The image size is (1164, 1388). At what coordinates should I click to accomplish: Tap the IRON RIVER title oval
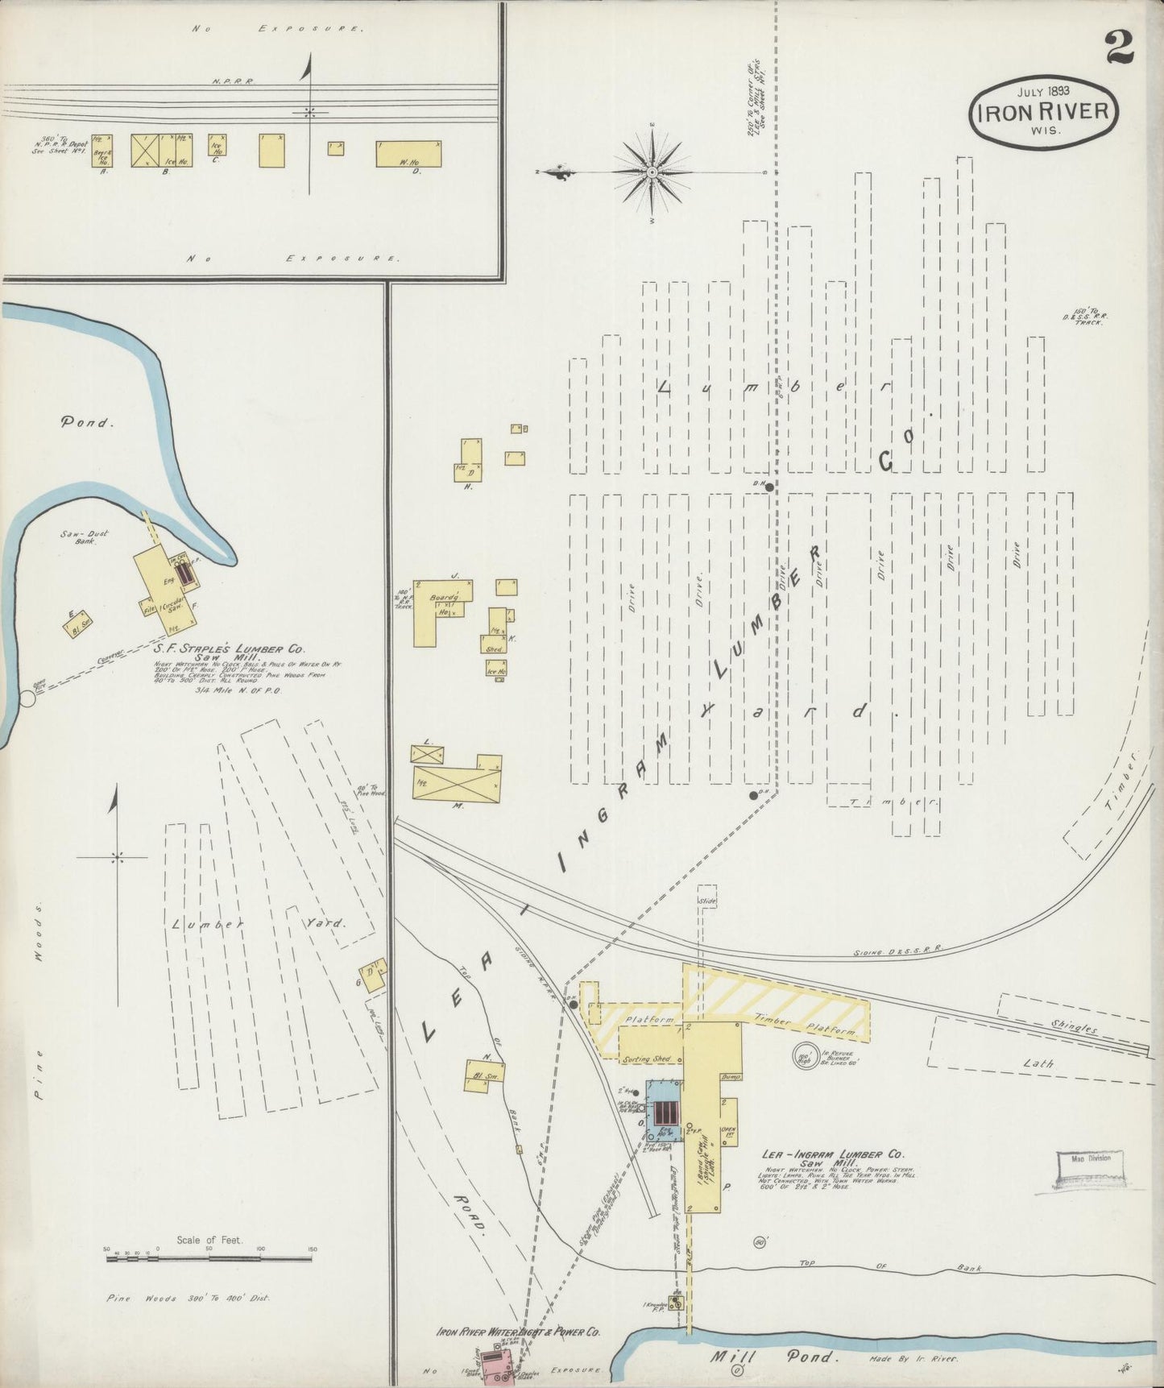pyautogui.click(x=1043, y=112)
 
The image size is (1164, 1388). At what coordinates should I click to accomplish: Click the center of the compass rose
pyautogui.click(x=652, y=172)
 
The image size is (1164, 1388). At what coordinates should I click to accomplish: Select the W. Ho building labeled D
pyautogui.click(x=408, y=153)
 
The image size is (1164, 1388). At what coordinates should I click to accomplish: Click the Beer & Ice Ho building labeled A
pyautogui.click(x=101, y=151)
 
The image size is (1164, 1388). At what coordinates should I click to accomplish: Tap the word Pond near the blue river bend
pyautogui.click(x=85, y=421)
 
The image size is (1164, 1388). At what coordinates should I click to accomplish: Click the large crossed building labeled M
pyautogui.click(x=457, y=778)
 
